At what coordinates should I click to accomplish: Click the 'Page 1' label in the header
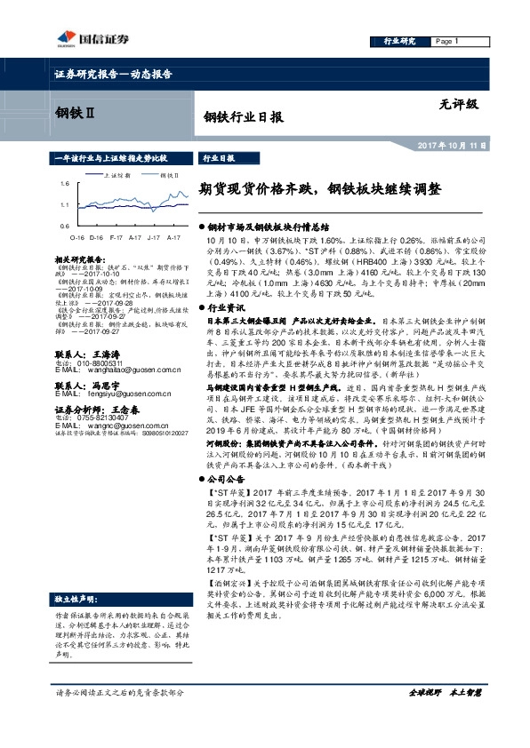pyautogui.click(x=446, y=42)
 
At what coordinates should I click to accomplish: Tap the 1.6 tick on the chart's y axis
pyautogui.click(x=65, y=183)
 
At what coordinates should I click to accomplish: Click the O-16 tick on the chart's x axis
pyautogui.click(x=76, y=238)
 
